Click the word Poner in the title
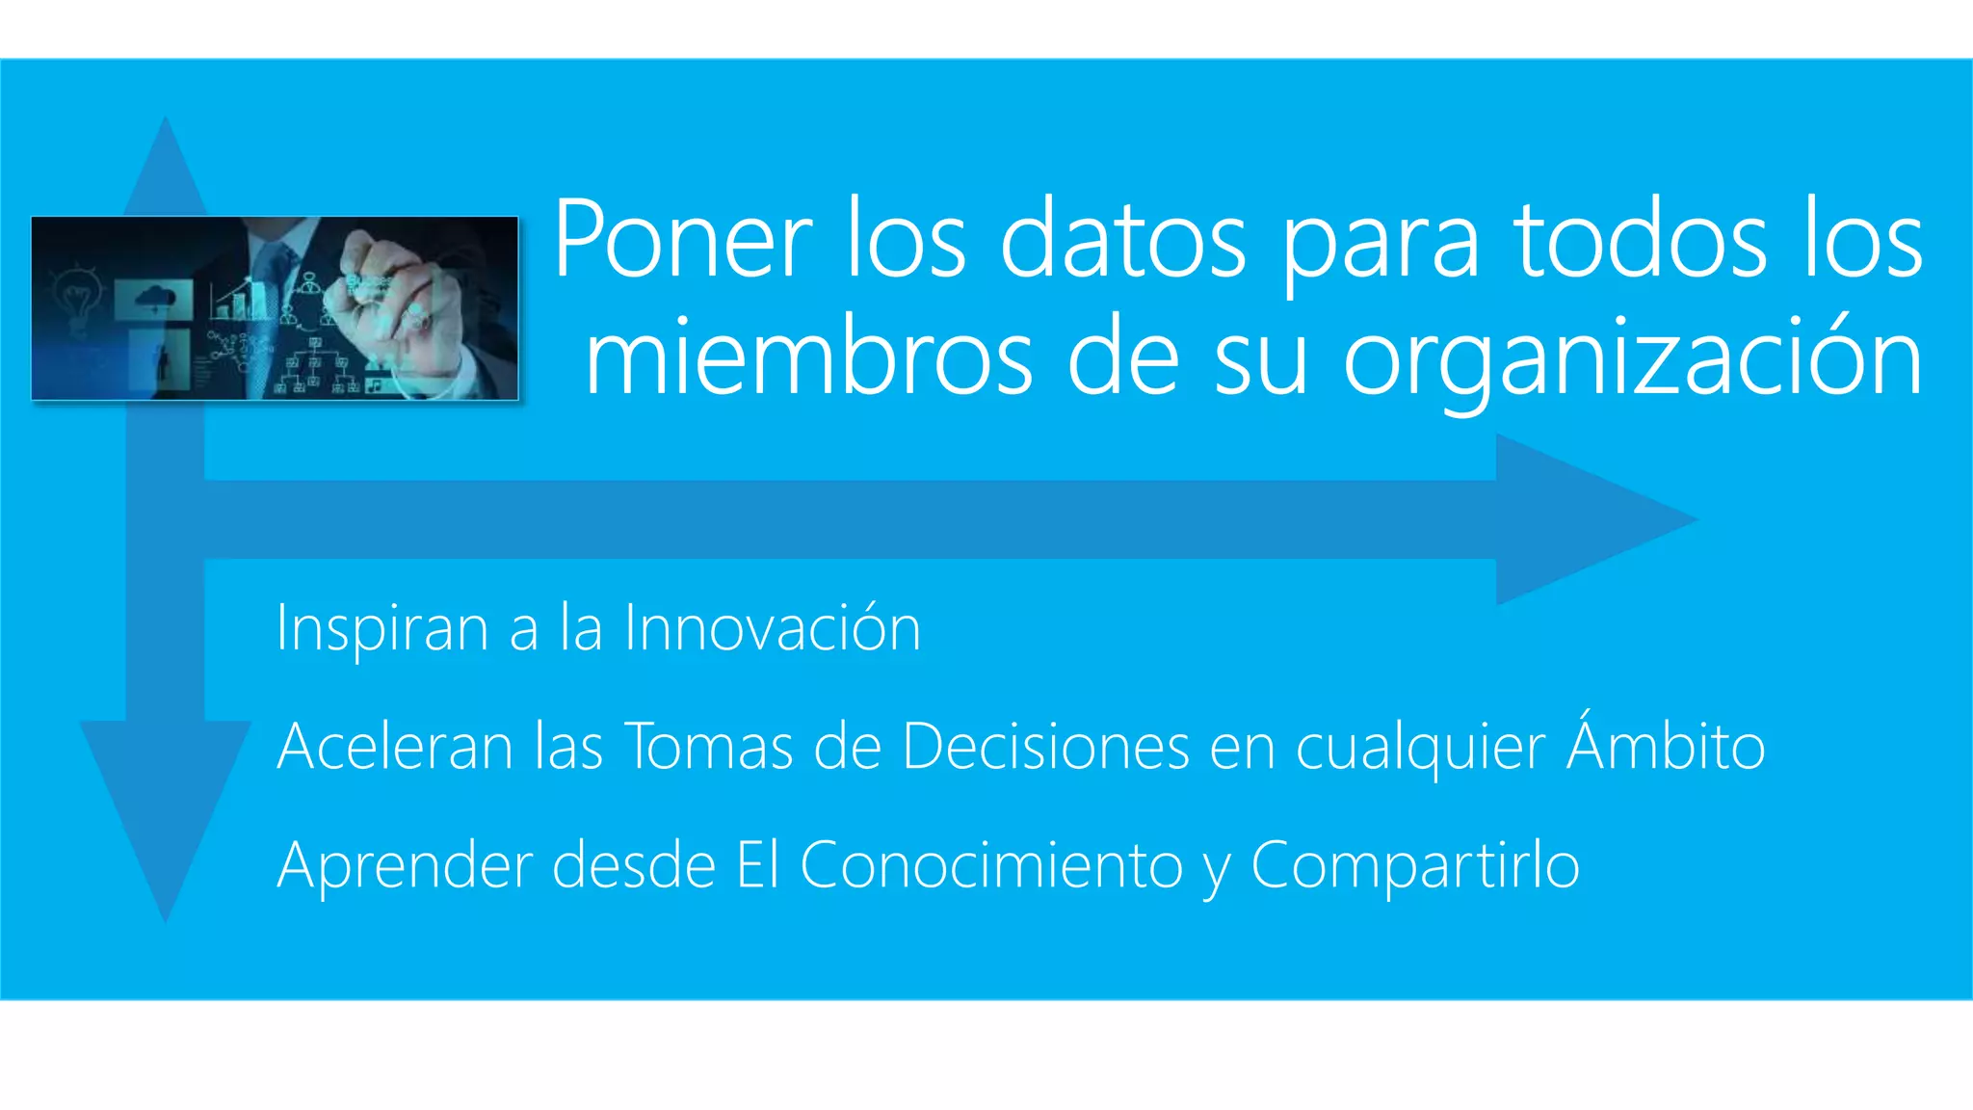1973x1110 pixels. click(683, 239)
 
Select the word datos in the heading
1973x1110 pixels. click(1123, 239)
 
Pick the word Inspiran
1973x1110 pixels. click(382, 628)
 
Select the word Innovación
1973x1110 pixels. click(773, 628)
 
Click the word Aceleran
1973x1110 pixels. click(395, 747)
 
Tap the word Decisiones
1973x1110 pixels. click(1046, 747)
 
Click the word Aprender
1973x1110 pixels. click(404, 866)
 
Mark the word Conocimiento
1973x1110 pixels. click(991, 864)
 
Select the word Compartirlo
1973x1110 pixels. click(1415, 866)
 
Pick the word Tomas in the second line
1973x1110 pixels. click(709, 747)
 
